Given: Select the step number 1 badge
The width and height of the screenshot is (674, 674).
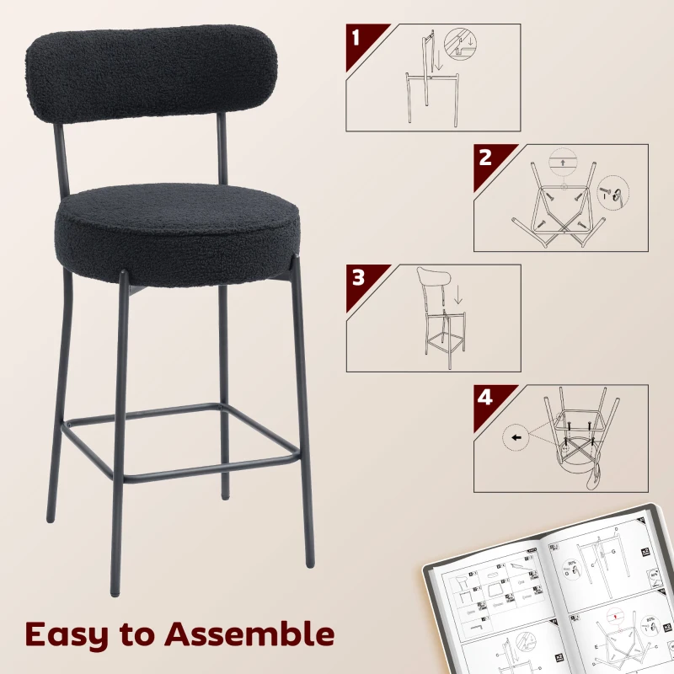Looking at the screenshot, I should (x=356, y=38).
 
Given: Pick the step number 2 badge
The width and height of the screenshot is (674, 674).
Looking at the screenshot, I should (x=484, y=158).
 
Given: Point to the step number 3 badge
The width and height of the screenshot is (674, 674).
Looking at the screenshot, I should (x=356, y=277).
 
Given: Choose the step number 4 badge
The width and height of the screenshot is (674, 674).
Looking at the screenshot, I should (x=484, y=397).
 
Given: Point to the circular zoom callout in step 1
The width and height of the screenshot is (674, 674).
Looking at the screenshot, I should (x=459, y=44).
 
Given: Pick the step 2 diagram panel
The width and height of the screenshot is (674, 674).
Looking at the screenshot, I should (x=561, y=197).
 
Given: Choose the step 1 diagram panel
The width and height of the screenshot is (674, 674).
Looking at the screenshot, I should (x=433, y=78).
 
